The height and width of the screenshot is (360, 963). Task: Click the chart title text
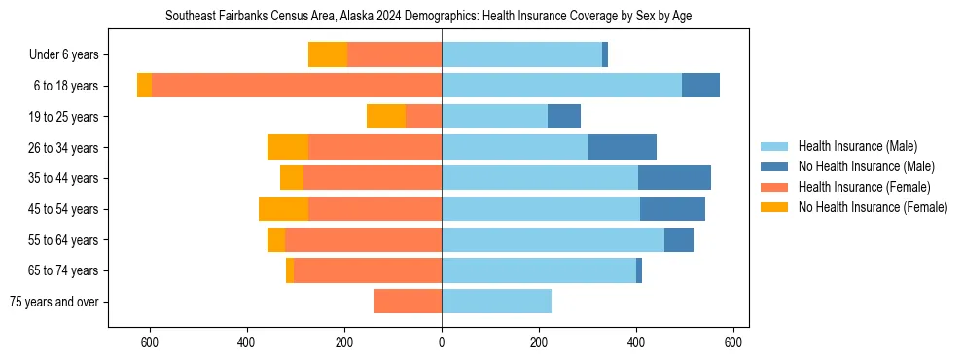click(428, 17)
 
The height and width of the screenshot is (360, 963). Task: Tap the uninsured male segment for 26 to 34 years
click(622, 147)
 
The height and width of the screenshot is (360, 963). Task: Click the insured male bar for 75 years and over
click(496, 302)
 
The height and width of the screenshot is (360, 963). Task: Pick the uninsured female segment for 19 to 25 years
click(386, 117)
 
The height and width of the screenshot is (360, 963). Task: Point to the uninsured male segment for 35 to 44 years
click(674, 178)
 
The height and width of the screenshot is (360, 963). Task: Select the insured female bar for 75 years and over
click(408, 302)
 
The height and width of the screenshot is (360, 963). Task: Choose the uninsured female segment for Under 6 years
click(328, 54)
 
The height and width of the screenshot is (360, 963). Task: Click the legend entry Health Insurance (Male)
click(857, 146)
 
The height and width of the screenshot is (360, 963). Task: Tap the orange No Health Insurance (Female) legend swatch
click(775, 207)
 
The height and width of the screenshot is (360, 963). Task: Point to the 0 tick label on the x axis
click(442, 342)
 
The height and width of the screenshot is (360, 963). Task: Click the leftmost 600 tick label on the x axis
click(150, 342)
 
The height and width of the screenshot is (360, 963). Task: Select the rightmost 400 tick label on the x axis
click(637, 342)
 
